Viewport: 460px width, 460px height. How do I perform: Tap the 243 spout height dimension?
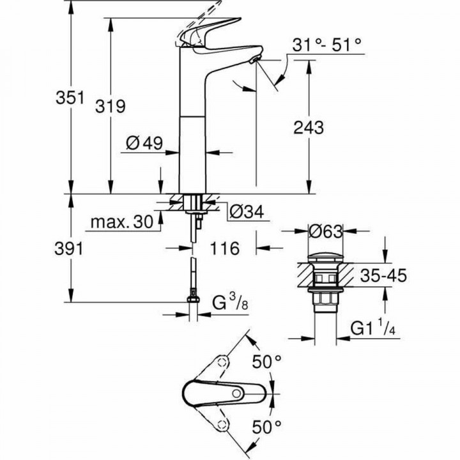[309, 127]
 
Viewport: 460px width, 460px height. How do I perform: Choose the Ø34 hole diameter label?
[244, 211]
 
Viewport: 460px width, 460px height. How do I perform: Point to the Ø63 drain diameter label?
[325, 231]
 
